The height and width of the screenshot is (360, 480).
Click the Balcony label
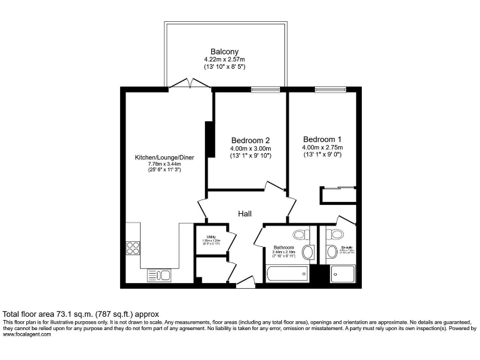point(224,52)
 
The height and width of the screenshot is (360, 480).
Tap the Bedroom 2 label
point(250,140)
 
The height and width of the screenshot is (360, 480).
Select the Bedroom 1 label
point(322,139)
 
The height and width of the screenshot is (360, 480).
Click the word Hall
point(245,214)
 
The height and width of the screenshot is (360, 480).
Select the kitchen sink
point(159,274)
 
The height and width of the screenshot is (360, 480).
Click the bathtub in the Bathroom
point(286,274)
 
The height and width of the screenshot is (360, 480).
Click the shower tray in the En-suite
point(342,273)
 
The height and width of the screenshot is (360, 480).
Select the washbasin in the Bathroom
point(307,252)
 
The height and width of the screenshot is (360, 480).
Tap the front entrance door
point(245,283)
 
